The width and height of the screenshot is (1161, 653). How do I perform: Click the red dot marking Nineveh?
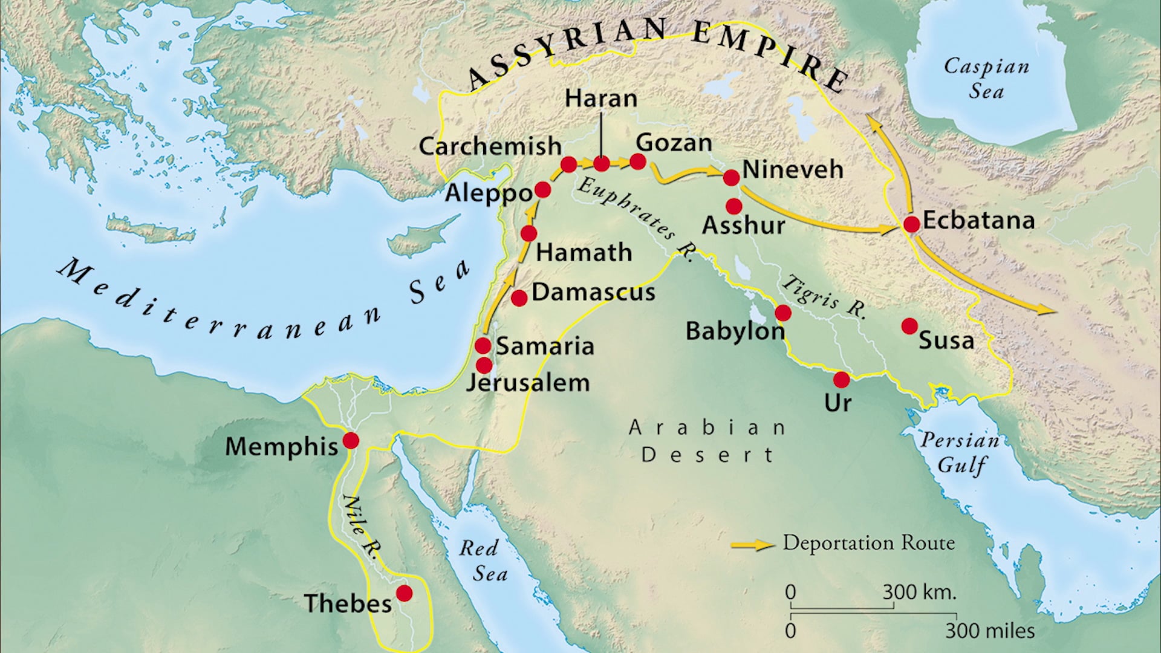[x=731, y=177]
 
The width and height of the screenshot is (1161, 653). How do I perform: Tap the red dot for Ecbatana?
[x=911, y=224]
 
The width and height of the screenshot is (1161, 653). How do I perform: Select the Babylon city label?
[x=734, y=331]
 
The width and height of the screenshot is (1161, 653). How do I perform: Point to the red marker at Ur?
[x=841, y=380]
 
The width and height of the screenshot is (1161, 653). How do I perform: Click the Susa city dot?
[x=909, y=326]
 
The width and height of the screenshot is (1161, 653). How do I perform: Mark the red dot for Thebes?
[x=404, y=593]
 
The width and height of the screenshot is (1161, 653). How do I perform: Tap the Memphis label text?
[x=281, y=447]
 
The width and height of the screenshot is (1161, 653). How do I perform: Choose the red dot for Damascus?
[x=519, y=297]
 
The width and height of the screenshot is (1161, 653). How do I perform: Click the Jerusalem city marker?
[x=484, y=365]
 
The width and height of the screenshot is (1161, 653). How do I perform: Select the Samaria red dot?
[x=483, y=346]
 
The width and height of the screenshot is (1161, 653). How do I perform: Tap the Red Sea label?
[x=483, y=560]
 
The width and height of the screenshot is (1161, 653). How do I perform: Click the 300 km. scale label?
[x=919, y=592]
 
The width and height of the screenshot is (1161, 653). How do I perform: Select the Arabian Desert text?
[x=707, y=441]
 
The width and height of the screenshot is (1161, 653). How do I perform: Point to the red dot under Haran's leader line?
[x=601, y=163]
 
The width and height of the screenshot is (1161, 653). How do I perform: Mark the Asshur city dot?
[x=733, y=206]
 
